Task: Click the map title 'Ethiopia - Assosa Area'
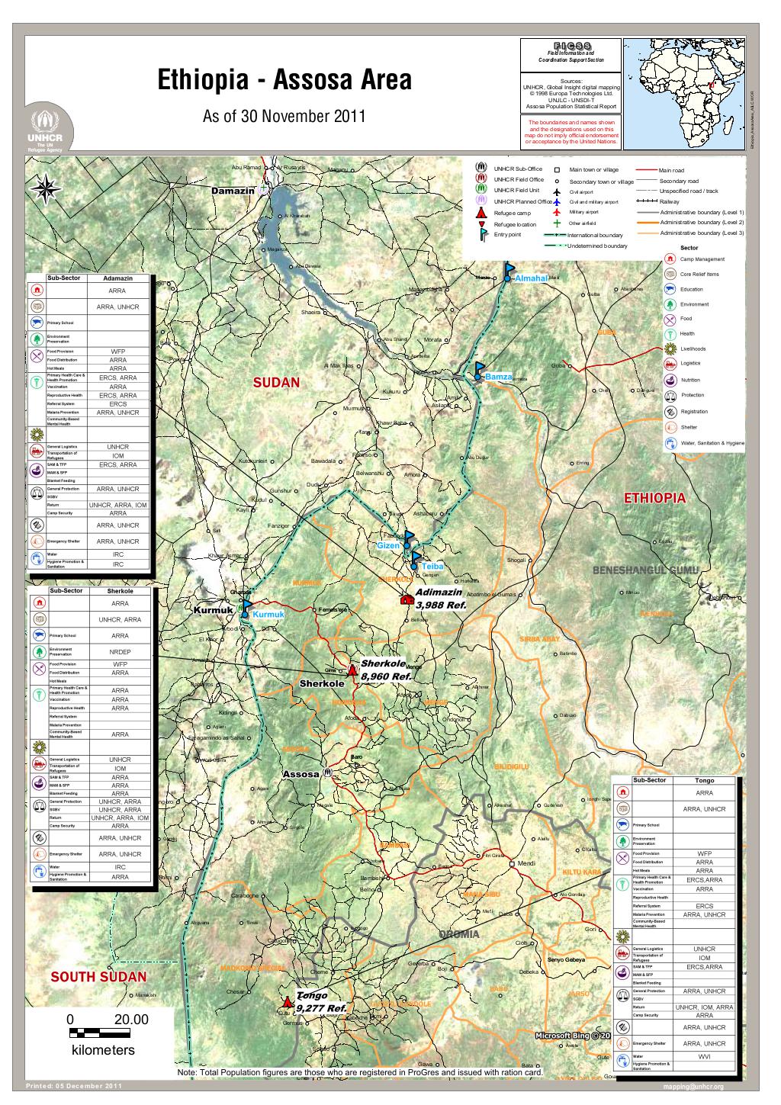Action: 283,80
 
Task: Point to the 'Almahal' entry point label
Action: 531,279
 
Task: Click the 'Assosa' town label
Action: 301,774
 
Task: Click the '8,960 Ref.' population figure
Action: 387,676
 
